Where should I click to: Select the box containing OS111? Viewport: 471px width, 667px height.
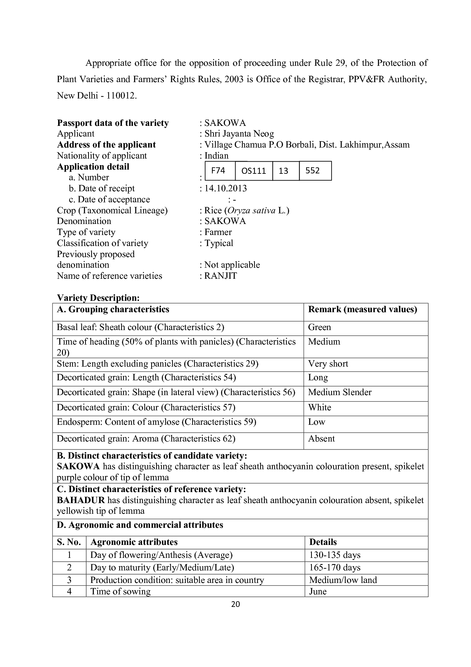point(254,171)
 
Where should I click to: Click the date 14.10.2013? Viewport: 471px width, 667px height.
point(225,189)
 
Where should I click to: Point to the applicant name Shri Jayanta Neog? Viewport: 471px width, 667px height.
point(239,134)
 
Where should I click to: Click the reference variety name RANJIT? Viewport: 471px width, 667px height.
point(220,276)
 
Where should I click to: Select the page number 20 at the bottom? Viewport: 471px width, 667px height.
point(235,604)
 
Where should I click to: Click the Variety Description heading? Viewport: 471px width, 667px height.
point(98,298)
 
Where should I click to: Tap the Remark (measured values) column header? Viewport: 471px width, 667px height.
point(362,310)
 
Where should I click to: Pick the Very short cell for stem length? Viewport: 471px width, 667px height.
point(328,364)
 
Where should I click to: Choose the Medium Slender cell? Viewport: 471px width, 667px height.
point(340,392)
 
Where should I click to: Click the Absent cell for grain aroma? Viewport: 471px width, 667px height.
point(321,439)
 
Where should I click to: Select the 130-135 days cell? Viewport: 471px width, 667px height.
point(335,555)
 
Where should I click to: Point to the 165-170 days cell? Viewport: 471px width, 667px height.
point(335,568)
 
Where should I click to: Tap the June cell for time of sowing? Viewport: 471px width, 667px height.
point(318,592)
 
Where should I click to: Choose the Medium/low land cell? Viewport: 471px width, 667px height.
point(343,580)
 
